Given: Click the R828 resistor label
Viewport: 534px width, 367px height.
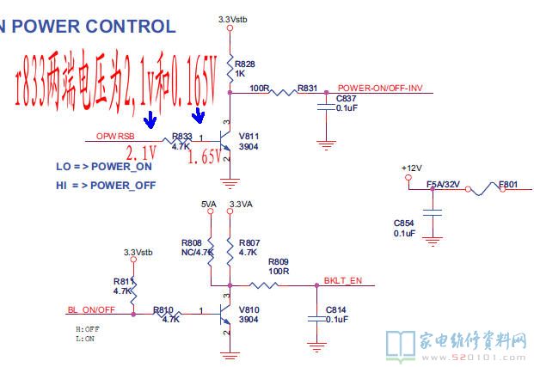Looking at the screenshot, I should point(244,64).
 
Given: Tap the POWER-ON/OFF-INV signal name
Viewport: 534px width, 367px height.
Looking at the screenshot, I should point(379,88).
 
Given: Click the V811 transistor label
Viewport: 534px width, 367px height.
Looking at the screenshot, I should point(249,137).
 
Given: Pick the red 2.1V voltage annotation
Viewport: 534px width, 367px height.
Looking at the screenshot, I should point(141,154).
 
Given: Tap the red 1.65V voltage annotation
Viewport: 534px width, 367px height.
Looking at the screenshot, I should point(205,158).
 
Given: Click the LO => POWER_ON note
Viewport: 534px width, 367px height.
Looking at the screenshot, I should point(104,167).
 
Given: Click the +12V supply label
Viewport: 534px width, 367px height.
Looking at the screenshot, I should point(413,167).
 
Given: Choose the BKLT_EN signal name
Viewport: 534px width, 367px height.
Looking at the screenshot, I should point(343,280).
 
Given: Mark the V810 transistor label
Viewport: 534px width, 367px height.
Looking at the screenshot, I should point(249,310).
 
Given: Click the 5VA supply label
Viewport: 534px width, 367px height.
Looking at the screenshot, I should point(208,204).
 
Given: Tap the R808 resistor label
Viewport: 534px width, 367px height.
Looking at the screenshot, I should point(193,242).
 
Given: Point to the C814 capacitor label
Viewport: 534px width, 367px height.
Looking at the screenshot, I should point(336,309).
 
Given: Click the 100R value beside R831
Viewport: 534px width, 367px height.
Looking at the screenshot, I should point(260,88).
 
